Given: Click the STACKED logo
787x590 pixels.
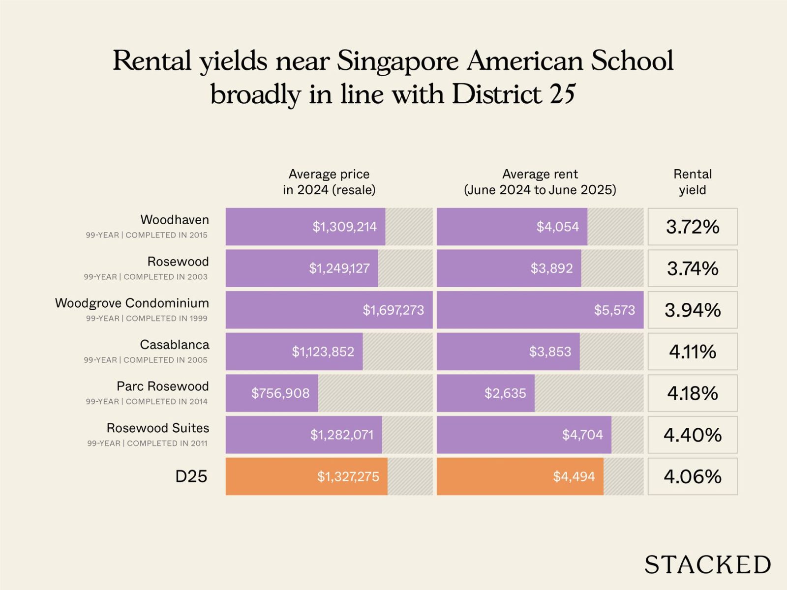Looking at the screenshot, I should (707, 564).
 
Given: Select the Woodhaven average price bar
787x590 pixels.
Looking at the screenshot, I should (305, 227).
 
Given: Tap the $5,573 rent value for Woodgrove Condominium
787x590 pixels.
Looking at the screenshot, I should (614, 310).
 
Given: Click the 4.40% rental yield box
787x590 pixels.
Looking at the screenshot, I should (693, 435).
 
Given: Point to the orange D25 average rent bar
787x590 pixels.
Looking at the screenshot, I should (520, 476).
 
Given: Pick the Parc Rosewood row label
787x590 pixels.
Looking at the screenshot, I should (163, 386).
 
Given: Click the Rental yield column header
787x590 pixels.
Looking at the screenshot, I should (693, 182).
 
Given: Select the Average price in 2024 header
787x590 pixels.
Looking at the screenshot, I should (329, 182).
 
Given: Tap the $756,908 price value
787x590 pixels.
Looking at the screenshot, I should (280, 393).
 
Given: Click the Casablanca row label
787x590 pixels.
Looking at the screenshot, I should (175, 345).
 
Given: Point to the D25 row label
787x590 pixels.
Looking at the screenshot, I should (191, 476).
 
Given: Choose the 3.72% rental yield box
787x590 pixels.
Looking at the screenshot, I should (693, 227).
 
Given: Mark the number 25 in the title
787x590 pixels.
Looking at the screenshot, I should (562, 94).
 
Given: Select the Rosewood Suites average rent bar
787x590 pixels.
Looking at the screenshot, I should (524, 435).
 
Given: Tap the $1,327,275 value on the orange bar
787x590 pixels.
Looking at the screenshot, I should (348, 476).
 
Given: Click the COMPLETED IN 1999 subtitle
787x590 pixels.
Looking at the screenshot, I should (167, 319).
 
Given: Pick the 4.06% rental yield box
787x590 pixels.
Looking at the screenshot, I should (693, 476).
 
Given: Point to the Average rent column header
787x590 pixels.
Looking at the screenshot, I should (540, 182).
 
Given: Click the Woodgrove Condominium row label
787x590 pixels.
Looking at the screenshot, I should (132, 303).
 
